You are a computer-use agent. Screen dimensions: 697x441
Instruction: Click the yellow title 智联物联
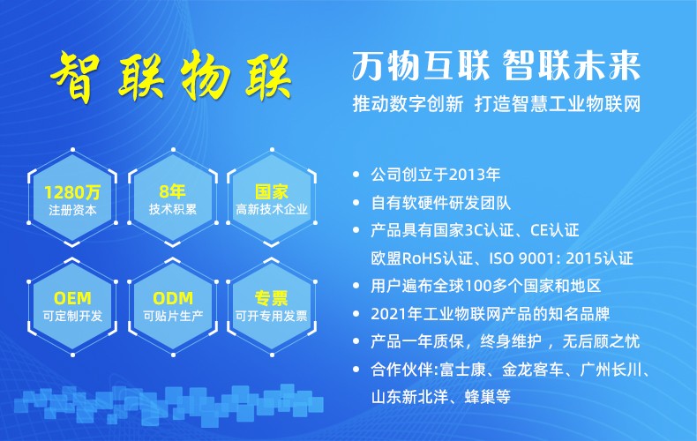[x=170, y=76]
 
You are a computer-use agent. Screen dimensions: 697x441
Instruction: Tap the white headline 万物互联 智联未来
[x=497, y=65]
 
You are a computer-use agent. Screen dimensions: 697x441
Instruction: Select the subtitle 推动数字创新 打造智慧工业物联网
[x=497, y=104]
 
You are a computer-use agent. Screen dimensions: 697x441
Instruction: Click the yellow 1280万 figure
[x=72, y=192]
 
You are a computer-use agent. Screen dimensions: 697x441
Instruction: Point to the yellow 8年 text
[x=172, y=191]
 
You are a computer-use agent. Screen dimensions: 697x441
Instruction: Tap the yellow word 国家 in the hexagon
[x=272, y=192]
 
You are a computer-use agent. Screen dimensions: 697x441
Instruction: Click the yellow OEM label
[x=72, y=298]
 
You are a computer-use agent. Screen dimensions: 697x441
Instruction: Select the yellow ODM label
[x=173, y=298]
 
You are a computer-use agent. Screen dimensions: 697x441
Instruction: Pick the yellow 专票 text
[x=272, y=298]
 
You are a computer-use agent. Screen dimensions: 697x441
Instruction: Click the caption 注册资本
[x=72, y=210]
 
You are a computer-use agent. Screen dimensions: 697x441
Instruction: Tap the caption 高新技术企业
[x=272, y=209]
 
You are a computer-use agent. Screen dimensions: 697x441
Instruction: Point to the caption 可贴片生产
[x=173, y=316]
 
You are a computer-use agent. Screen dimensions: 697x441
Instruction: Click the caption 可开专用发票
[x=272, y=316]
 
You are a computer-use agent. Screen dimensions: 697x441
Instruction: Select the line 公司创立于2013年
[x=436, y=175]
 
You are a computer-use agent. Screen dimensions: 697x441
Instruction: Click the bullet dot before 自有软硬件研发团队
[x=356, y=203]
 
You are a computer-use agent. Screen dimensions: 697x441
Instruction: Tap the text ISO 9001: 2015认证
[x=561, y=258]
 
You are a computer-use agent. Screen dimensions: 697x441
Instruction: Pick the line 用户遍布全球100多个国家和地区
[x=486, y=286]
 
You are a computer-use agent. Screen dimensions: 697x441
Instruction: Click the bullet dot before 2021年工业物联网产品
[x=356, y=314]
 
